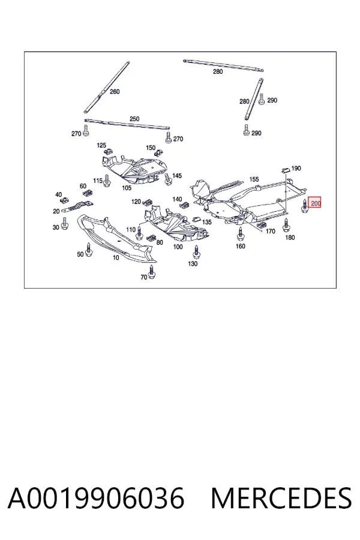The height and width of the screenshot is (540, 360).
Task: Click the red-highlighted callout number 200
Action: pyautogui.click(x=315, y=203)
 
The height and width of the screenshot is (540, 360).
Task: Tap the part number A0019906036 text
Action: pyautogui.click(x=96, y=499)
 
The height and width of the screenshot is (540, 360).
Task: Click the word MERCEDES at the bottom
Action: pyautogui.click(x=281, y=499)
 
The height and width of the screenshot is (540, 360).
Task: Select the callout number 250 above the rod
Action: pyautogui.click(x=134, y=119)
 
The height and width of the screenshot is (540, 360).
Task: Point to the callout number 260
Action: pyautogui.click(x=115, y=92)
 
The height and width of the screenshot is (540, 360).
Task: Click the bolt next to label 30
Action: pyautogui.click(x=64, y=224)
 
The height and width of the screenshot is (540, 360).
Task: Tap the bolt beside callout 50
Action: pyautogui.click(x=89, y=250)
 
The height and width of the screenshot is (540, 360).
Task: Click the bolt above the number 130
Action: pyautogui.click(x=196, y=252)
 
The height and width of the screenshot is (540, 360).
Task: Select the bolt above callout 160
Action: pyautogui.click(x=241, y=234)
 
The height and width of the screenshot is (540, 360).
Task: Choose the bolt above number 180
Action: pyautogui.click(x=286, y=225)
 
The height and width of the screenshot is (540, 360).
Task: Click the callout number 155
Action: pyautogui.click(x=254, y=179)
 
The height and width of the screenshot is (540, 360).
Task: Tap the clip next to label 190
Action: pyautogui.click(x=286, y=170)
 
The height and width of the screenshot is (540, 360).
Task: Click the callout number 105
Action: pyautogui.click(x=127, y=188)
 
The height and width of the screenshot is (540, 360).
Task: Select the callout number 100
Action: pyautogui.click(x=178, y=247)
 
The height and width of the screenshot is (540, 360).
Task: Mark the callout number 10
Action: pyautogui.click(x=116, y=257)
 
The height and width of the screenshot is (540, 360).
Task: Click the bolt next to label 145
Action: pyautogui.click(x=168, y=179)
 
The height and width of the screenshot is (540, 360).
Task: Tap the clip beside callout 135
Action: pyautogui.click(x=196, y=220)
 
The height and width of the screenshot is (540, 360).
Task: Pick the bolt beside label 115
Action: pyautogui.click(x=106, y=181)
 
